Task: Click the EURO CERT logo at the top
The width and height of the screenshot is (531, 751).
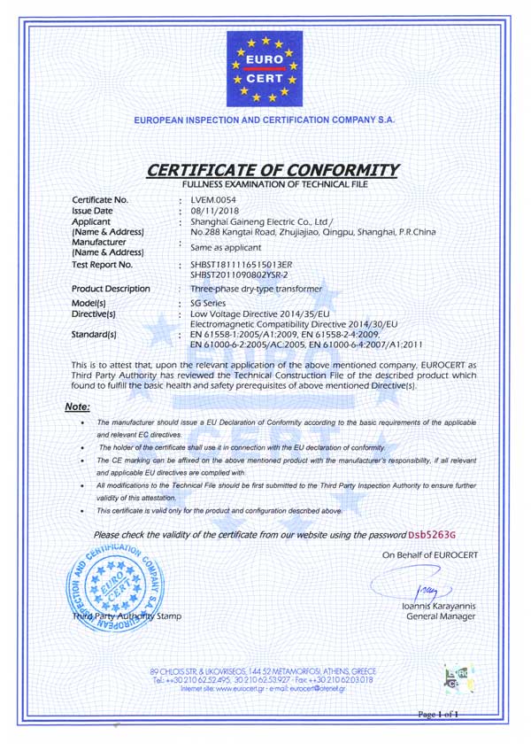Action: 265,67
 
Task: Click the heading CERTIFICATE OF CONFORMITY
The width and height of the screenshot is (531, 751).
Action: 272,169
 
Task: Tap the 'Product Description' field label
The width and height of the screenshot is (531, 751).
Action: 111,289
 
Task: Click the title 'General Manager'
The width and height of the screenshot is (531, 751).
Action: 440,616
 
